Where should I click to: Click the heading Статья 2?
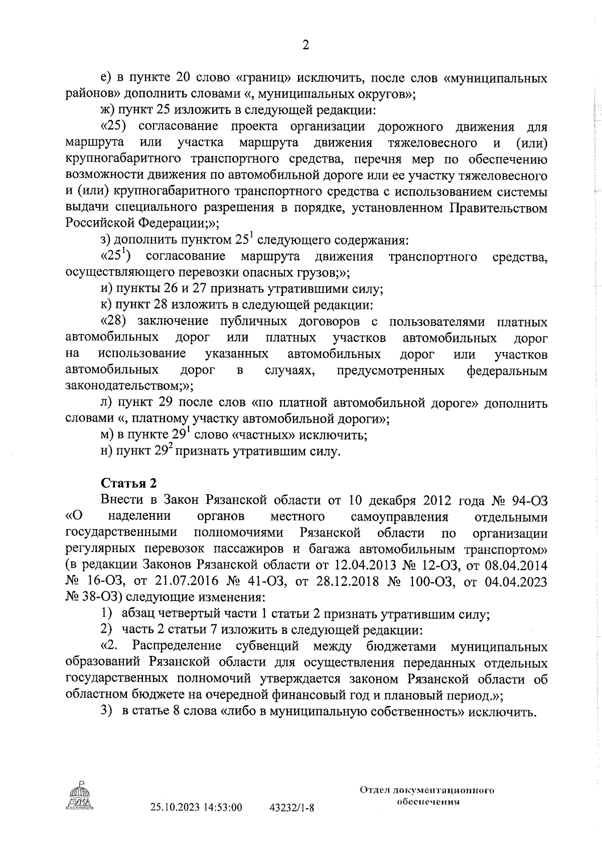(129, 483)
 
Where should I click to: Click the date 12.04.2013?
(365, 565)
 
